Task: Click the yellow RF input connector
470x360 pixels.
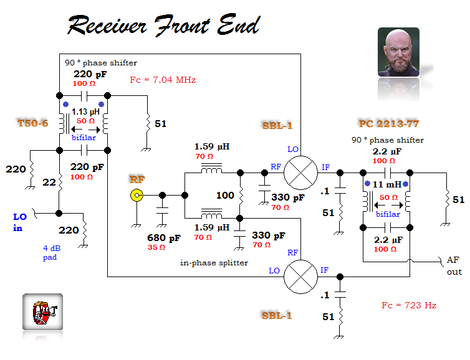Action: click(137, 196)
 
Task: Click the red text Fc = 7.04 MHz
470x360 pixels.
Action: click(163, 80)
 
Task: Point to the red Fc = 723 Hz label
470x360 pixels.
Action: click(409, 305)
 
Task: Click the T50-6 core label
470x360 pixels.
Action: click(33, 123)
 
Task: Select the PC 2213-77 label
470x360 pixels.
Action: click(389, 123)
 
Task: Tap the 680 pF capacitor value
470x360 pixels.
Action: click(164, 238)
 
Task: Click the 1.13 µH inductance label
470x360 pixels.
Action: click(85, 111)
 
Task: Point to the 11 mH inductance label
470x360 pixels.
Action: click(386, 184)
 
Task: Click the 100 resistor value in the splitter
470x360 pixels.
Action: click(225, 196)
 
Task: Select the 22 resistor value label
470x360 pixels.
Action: click(49, 182)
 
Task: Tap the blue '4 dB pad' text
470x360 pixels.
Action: click(52, 253)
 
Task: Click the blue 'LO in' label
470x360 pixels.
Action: click(20, 222)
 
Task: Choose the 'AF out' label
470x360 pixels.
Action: click(454, 266)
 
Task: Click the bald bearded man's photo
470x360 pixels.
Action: click(398, 52)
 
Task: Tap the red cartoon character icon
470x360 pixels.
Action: click(43, 312)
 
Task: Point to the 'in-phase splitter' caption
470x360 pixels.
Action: click(214, 263)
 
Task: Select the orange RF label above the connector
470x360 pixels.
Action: click(137, 179)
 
